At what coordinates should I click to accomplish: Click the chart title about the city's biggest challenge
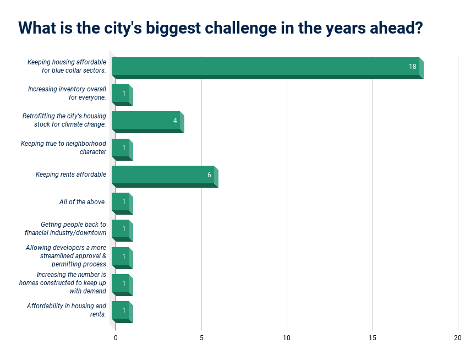click(x=220, y=28)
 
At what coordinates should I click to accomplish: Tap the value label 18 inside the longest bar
click(x=412, y=67)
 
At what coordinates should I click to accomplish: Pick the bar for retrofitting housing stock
click(x=146, y=121)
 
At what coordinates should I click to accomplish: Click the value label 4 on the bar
click(x=175, y=121)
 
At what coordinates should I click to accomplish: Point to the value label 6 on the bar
click(x=209, y=175)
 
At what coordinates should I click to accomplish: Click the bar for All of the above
click(x=121, y=202)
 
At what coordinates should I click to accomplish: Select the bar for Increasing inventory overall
click(x=121, y=94)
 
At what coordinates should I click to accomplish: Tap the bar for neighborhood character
click(x=121, y=148)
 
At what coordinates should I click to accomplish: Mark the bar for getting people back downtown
click(x=121, y=229)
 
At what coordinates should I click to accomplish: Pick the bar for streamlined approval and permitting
click(x=121, y=257)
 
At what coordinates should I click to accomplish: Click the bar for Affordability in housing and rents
click(x=121, y=310)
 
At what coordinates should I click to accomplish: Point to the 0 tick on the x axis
click(x=116, y=337)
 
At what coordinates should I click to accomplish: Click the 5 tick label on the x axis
click(x=201, y=337)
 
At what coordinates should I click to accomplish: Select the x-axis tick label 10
click(x=287, y=337)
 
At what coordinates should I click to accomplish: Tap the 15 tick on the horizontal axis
click(x=373, y=337)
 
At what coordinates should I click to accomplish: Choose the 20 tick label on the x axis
click(x=458, y=337)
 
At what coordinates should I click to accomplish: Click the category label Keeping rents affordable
click(x=71, y=175)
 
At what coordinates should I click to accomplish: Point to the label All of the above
click(x=83, y=202)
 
